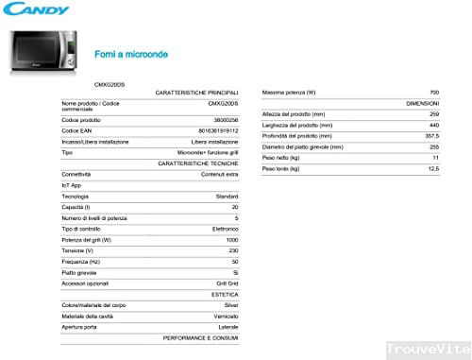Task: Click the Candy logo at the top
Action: pyautogui.click(x=35, y=10)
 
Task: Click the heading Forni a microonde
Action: pyautogui.click(x=131, y=54)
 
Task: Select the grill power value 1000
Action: pyautogui.click(x=232, y=239)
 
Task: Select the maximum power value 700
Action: pyautogui.click(x=433, y=92)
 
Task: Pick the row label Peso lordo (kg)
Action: pyautogui.click(x=280, y=168)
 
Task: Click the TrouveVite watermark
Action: pyautogui.click(x=431, y=349)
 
